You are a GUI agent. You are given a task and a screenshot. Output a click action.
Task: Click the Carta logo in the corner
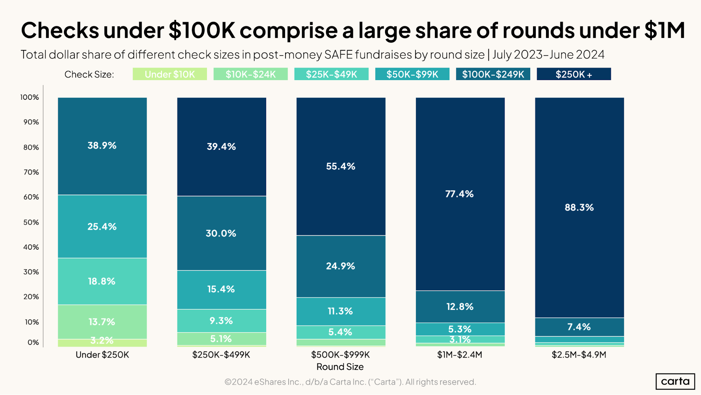pos(675,381)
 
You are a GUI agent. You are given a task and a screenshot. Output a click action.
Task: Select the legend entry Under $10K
pos(170,74)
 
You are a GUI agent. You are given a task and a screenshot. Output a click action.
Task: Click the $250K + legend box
pos(574,74)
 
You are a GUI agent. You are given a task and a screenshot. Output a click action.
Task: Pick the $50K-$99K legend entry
pos(412,74)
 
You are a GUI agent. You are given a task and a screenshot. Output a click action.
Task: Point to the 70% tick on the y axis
pos(31,172)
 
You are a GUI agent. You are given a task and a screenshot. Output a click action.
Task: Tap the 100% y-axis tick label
pos(29,97)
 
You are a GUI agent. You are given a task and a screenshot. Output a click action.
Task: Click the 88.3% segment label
pos(579,208)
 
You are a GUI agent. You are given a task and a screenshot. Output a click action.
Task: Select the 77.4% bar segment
pos(460,194)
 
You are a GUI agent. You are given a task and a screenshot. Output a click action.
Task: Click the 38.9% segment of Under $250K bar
pos(102,145)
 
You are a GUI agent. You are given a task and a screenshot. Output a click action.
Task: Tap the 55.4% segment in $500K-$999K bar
pos(341,166)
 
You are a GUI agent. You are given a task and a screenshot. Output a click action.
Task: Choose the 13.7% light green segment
pos(102,322)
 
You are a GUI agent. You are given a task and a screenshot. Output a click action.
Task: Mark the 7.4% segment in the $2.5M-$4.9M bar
pos(579,327)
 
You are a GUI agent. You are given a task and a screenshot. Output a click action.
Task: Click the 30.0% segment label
pos(221,233)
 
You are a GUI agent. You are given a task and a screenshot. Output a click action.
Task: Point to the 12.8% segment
pos(460,307)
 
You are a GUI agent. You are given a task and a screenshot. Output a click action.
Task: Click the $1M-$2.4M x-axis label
pos(459,355)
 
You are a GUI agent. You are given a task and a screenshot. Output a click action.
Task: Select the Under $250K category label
pos(102,355)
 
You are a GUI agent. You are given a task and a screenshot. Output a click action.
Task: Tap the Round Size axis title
pos(340,367)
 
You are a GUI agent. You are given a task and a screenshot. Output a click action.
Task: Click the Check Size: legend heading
pos(89,74)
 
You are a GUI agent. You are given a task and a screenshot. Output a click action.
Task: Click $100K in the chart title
pos(202,30)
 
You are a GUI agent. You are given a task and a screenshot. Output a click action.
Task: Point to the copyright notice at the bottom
pos(350,382)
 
